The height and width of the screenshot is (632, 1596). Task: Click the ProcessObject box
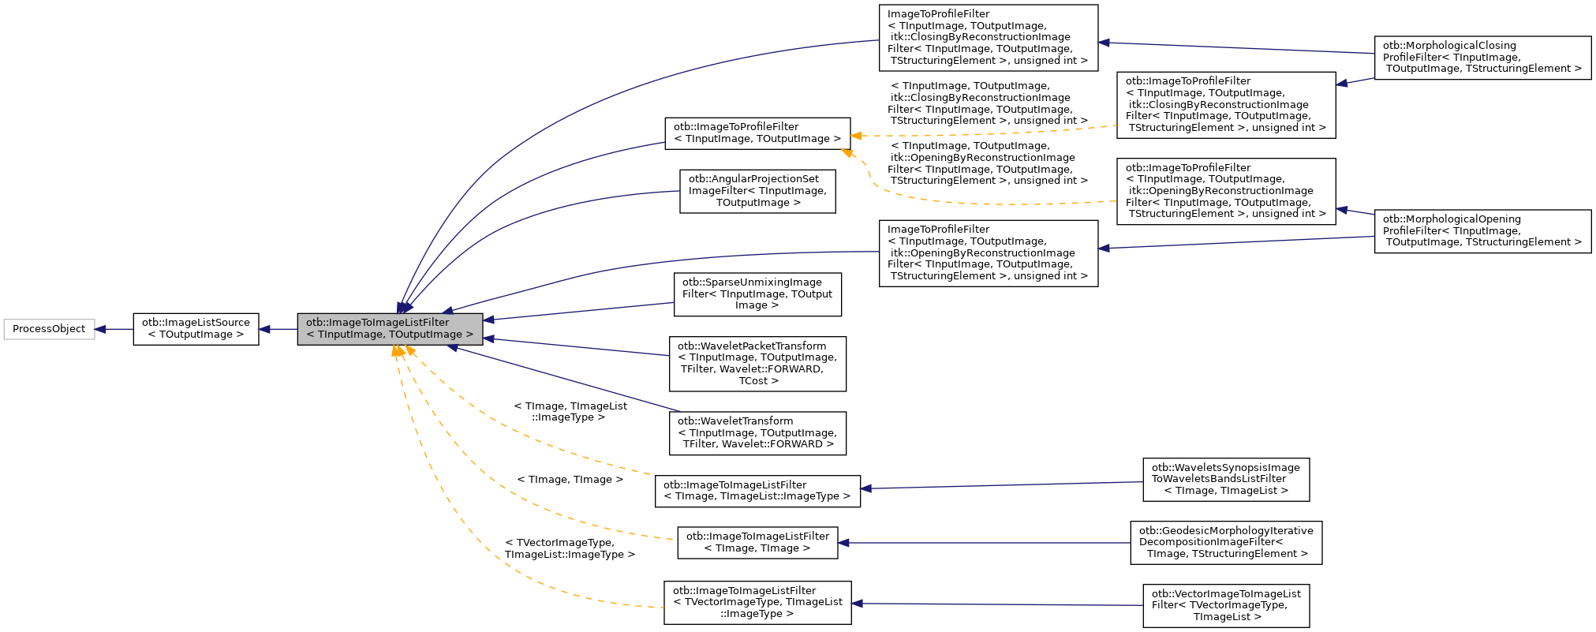pyautogui.click(x=49, y=329)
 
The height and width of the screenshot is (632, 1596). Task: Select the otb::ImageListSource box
pyautogui.click(x=196, y=329)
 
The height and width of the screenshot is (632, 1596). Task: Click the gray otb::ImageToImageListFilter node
pyautogui.click(x=390, y=329)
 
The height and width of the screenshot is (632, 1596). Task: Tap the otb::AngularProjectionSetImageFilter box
pyautogui.click(x=757, y=191)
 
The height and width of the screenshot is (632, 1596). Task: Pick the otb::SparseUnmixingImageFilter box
pyautogui.click(x=757, y=294)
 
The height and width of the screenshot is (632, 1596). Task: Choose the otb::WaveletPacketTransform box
pyautogui.click(x=757, y=364)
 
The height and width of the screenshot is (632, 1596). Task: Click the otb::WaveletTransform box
pyautogui.click(x=757, y=433)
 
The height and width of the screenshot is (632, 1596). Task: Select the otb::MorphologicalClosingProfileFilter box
pyautogui.click(x=1482, y=58)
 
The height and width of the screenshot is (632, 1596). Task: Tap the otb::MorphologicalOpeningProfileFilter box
pyautogui.click(x=1482, y=231)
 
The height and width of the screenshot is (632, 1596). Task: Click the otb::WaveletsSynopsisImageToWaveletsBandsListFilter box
pyautogui.click(x=1225, y=479)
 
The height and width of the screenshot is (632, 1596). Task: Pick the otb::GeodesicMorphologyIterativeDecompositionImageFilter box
pyautogui.click(x=1225, y=543)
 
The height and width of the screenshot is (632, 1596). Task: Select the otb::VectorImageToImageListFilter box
pyautogui.click(x=1225, y=605)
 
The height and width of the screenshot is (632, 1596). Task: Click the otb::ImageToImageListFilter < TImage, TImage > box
pyautogui.click(x=757, y=543)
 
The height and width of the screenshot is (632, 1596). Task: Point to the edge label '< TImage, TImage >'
pyautogui.click(x=570, y=480)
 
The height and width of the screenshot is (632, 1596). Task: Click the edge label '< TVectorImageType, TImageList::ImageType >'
pyautogui.click(x=570, y=549)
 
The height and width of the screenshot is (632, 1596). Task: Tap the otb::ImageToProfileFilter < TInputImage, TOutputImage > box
pyautogui.click(x=757, y=133)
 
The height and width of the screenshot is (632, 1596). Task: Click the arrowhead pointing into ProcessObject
pyautogui.click(x=100, y=329)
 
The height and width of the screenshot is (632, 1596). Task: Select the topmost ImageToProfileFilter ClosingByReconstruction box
pyautogui.click(x=988, y=38)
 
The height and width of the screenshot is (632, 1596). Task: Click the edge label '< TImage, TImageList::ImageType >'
pyautogui.click(x=570, y=412)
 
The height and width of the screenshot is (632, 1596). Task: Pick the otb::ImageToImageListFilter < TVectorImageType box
pyautogui.click(x=757, y=603)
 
